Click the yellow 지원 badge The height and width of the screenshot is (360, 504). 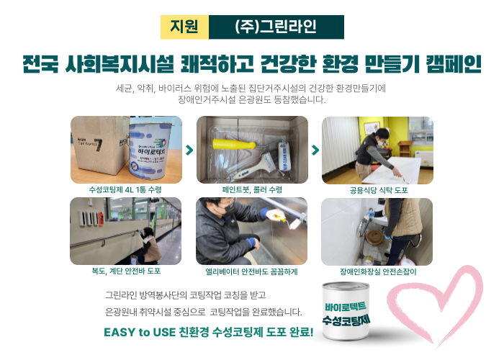[x=184, y=27]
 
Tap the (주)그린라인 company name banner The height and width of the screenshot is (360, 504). [x=276, y=27]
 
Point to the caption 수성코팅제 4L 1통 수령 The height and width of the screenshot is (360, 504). [x=125, y=189]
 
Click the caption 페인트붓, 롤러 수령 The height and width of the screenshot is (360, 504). [x=252, y=189]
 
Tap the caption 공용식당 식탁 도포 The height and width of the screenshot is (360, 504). [x=379, y=190]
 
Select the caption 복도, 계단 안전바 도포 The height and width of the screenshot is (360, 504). [x=126, y=271]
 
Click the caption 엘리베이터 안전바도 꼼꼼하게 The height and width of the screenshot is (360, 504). [x=251, y=271]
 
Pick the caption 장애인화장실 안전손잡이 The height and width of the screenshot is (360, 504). [x=378, y=272]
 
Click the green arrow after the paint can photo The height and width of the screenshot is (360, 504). [x=189, y=150]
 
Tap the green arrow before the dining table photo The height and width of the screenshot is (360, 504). [x=315, y=150]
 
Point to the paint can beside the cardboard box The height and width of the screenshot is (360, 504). [x=150, y=150]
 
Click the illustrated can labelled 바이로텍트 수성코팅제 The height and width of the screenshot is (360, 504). [x=346, y=311]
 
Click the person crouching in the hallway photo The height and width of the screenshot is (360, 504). [x=150, y=246]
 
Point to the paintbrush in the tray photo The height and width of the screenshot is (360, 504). [x=256, y=166]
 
